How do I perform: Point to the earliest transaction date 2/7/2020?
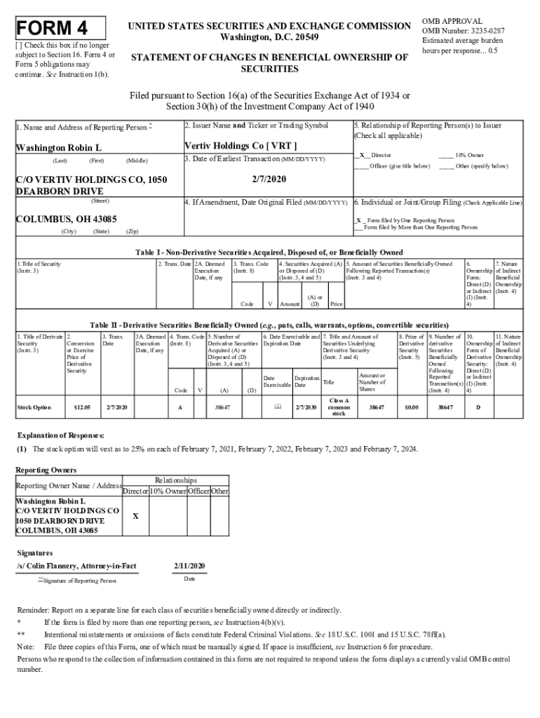266,179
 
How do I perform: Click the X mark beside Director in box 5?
362,155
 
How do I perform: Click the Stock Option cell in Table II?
34,407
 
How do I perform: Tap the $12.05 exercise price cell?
81,407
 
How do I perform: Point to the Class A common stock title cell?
339,407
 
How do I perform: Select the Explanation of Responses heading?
60,435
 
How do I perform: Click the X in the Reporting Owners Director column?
135,516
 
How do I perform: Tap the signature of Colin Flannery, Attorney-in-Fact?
76,565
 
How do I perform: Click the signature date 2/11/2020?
189,565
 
